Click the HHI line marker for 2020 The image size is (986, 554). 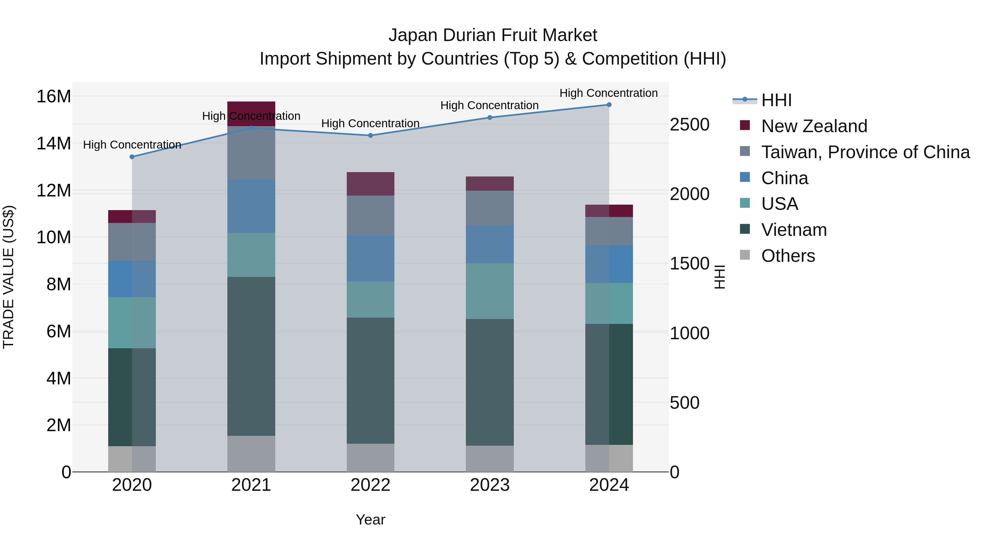click(132, 157)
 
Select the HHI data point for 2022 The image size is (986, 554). click(371, 135)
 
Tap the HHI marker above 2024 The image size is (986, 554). click(609, 105)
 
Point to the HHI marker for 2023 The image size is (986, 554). click(489, 117)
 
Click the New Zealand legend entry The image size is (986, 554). click(814, 126)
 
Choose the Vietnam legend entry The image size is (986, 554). click(794, 230)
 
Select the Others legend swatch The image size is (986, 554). click(745, 255)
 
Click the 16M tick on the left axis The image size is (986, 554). click(54, 96)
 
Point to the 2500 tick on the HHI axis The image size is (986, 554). click(689, 125)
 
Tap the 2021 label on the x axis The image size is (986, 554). click(251, 485)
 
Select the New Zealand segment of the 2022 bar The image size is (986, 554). click(371, 184)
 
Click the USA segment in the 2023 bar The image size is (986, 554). click(489, 291)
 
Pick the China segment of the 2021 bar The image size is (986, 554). click(251, 207)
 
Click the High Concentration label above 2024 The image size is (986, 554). click(609, 93)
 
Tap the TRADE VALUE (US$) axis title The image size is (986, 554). click(8, 277)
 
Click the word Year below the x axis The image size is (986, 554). click(370, 520)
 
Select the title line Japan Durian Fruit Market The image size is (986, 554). click(493, 35)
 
